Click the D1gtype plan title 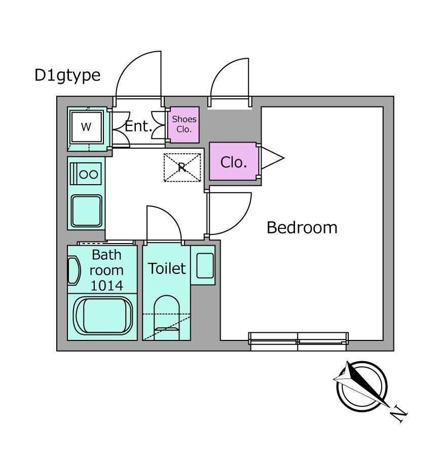coord(67,76)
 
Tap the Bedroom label coord(302,228)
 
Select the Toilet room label coord(167,268)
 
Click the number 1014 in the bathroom coord(107,286)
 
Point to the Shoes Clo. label coord(184,124)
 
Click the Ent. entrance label coord(138,126)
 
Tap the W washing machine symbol coord(86,126)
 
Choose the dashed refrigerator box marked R coord(182,167)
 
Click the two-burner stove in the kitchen coord(86,174)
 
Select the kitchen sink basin coord(86,211)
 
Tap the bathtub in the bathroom coord(102,316)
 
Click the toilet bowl coord(167,317)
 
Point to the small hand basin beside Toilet coord(205,265)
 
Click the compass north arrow coord(361,384)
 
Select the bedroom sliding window coord(298,341)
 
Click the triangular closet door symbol coord(272,158)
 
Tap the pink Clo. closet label coord(234,162)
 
